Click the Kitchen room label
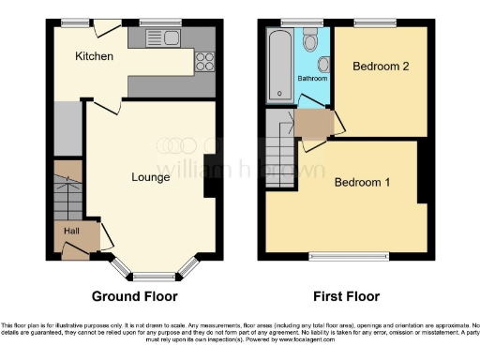(x=95, y=56)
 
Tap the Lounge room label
(x=150, y=176)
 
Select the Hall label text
(x=72, y=230)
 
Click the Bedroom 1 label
(x=362, y=182)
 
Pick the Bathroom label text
(x=312, y=79)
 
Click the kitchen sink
(x=166, y=37)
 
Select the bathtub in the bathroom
(x=280, y=66)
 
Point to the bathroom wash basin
(x=323, y=64)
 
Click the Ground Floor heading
(x=134, y=296)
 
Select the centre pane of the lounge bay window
(x=154, y=277)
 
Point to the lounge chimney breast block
(x=209, y=175)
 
